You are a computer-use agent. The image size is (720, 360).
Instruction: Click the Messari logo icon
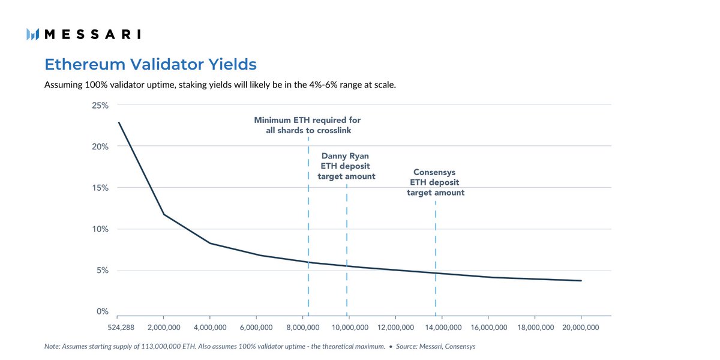pos(33,34)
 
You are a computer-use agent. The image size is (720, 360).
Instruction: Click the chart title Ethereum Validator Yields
pos(151,64)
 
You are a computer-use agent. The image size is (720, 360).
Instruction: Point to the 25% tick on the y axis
pos(100,106)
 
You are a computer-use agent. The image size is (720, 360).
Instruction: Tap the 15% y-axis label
pos(100,188)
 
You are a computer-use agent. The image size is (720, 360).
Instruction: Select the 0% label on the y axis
pos(102,311)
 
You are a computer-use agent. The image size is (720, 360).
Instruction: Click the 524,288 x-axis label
pos(118,328)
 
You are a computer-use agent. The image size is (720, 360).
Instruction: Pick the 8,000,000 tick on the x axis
pos(303,328)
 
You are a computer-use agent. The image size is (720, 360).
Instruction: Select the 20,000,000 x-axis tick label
pos(581,328)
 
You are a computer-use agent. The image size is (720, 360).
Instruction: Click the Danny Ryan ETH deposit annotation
pos(346,166)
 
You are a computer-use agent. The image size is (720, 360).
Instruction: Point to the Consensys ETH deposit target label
pos(436,182)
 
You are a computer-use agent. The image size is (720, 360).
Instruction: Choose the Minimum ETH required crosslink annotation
pos(307,125)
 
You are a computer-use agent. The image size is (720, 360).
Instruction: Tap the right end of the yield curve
pos(581,280)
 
